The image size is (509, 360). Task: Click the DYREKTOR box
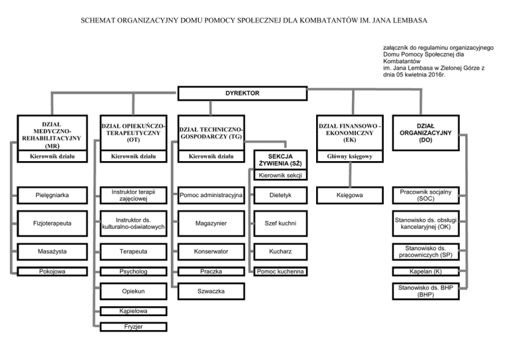pos(243,93)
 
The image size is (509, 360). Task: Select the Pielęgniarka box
pos(52,195)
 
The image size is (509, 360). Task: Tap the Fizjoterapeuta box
pos(52,223)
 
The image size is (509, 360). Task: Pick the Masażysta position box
pos(52,251)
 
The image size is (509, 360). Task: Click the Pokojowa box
pos(52,271)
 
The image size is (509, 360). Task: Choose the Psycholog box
pos(133,271)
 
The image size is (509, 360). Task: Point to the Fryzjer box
pos(133,327)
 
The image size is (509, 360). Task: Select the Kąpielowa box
pos(133,311)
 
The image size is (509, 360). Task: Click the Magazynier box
pos(211,223)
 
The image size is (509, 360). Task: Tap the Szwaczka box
pos(211,291)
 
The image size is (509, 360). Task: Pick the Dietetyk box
pos(280,195)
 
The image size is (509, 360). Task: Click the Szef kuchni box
pos(280,223)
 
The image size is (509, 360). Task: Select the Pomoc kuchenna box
pos(280,271)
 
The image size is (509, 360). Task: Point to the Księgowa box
pos(350,195)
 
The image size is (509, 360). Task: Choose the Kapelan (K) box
pos(426,271)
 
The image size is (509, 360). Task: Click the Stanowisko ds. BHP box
pos(426,291)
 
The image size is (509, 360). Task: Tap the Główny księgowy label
pos(350,156)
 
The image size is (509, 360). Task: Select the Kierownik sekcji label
pos(280,175)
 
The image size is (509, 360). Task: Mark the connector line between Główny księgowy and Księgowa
pos(350,174)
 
